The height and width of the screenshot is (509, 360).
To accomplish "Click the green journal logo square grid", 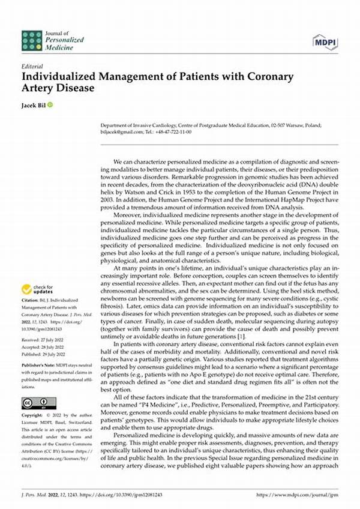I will [32, 41].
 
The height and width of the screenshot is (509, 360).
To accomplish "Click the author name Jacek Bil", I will [34, 106].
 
